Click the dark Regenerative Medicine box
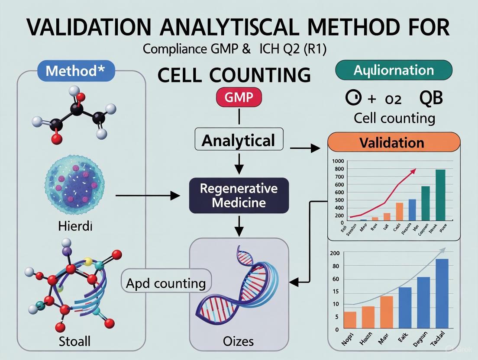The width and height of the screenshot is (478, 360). (239, 195)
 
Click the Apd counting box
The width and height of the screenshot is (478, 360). (166, 283)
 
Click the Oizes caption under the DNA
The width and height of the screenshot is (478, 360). (239, 342)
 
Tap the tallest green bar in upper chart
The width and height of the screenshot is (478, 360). (440, 195)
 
